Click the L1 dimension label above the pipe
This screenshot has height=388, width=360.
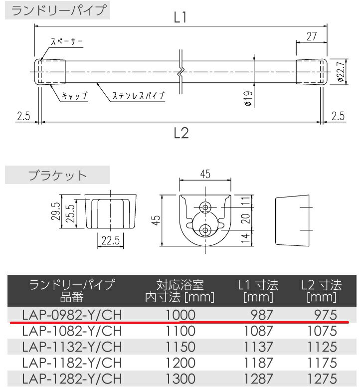tap(180, 18)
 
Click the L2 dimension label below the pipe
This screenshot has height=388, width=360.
tap(180, 133)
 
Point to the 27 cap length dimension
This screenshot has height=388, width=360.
tap(312, 35)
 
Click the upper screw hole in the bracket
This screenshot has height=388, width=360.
tap(205, 207)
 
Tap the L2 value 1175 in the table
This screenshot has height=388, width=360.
tap(322, 362)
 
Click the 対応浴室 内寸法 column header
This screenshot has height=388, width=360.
tap(180, 291)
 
